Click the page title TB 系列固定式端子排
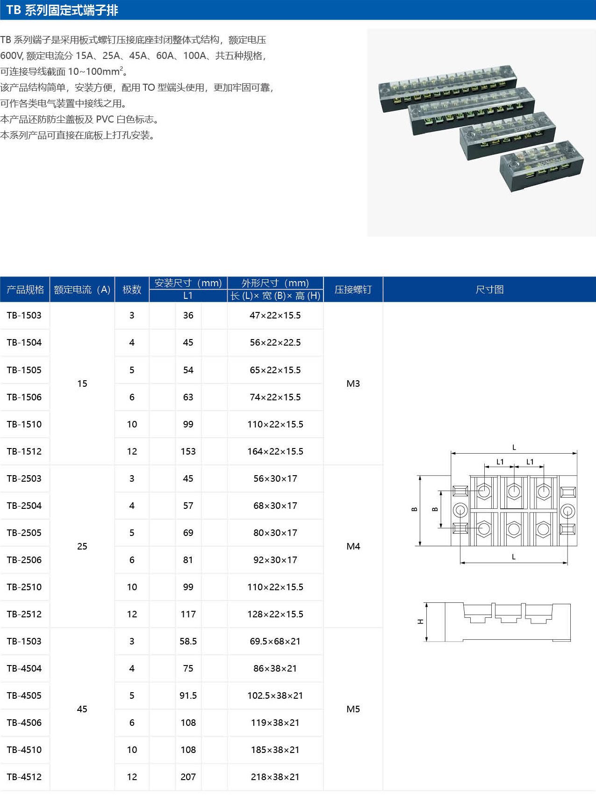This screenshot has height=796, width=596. (62, 10)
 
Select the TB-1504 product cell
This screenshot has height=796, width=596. (24, 342)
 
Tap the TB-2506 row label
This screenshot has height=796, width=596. (24, 560)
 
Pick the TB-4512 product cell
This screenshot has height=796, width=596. (24, 777)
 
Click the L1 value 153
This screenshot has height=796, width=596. (188, 451)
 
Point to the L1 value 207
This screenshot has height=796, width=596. (188, 777)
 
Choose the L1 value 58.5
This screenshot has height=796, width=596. (188, 641)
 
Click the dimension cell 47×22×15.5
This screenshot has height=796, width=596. (275, 315)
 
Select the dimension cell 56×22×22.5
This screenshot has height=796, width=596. (275, 342)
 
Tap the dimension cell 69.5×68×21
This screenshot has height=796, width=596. (275, 641)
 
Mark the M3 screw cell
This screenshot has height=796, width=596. (353, 384)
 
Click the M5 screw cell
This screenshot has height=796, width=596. (353, 709)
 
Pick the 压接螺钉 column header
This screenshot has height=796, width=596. (353, 289)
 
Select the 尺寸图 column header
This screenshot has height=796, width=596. (490, 289)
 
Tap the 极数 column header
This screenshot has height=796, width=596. (132, 289)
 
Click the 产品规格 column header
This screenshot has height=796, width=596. (25, 289)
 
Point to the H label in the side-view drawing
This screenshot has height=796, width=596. (420, 622)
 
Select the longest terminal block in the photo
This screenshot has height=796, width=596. (447, 88)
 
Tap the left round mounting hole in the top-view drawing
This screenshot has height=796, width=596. (460, 510)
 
